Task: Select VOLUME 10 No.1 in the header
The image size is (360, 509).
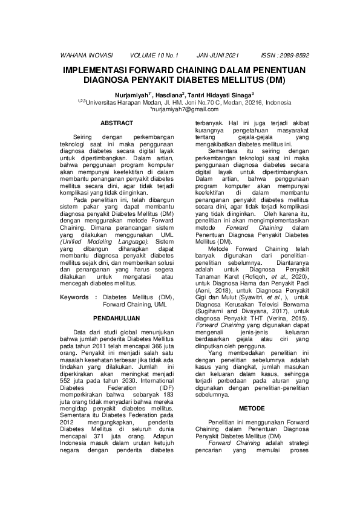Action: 154,55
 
